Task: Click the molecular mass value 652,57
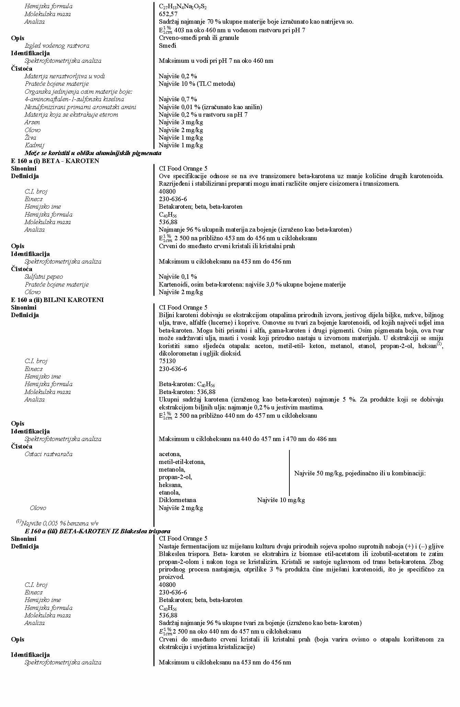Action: (x=168, y=14)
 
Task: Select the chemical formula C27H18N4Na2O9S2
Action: (x=183, y=7)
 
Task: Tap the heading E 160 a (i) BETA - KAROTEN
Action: (x=55, y=161)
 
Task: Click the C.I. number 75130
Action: (x=167, y=361)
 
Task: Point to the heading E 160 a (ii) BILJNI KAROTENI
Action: (x=57, y=300)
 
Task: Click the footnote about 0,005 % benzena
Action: (x=57, y=523)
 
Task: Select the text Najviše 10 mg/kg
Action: (x=281, y=500)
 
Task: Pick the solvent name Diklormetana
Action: (x=177, y=500)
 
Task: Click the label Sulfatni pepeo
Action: (x=44, y=277)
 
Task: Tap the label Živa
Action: (x=30, y=138)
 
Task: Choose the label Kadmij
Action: (x=34, y=145)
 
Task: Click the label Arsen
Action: (x=32, y=122)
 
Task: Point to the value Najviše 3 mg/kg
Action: (x=181, y=122)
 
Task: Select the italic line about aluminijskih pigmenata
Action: (x=93, y=153)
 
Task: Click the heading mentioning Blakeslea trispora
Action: (x=97, y=531)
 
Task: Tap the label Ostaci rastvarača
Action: (x=48, y=454)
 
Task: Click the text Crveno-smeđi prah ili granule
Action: (x=199, y=38)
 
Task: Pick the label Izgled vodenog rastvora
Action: (x=57, y=46)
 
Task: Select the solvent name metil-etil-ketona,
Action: (x=182, y=462)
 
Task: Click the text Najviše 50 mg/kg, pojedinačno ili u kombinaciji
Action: (x=360, y=473)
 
